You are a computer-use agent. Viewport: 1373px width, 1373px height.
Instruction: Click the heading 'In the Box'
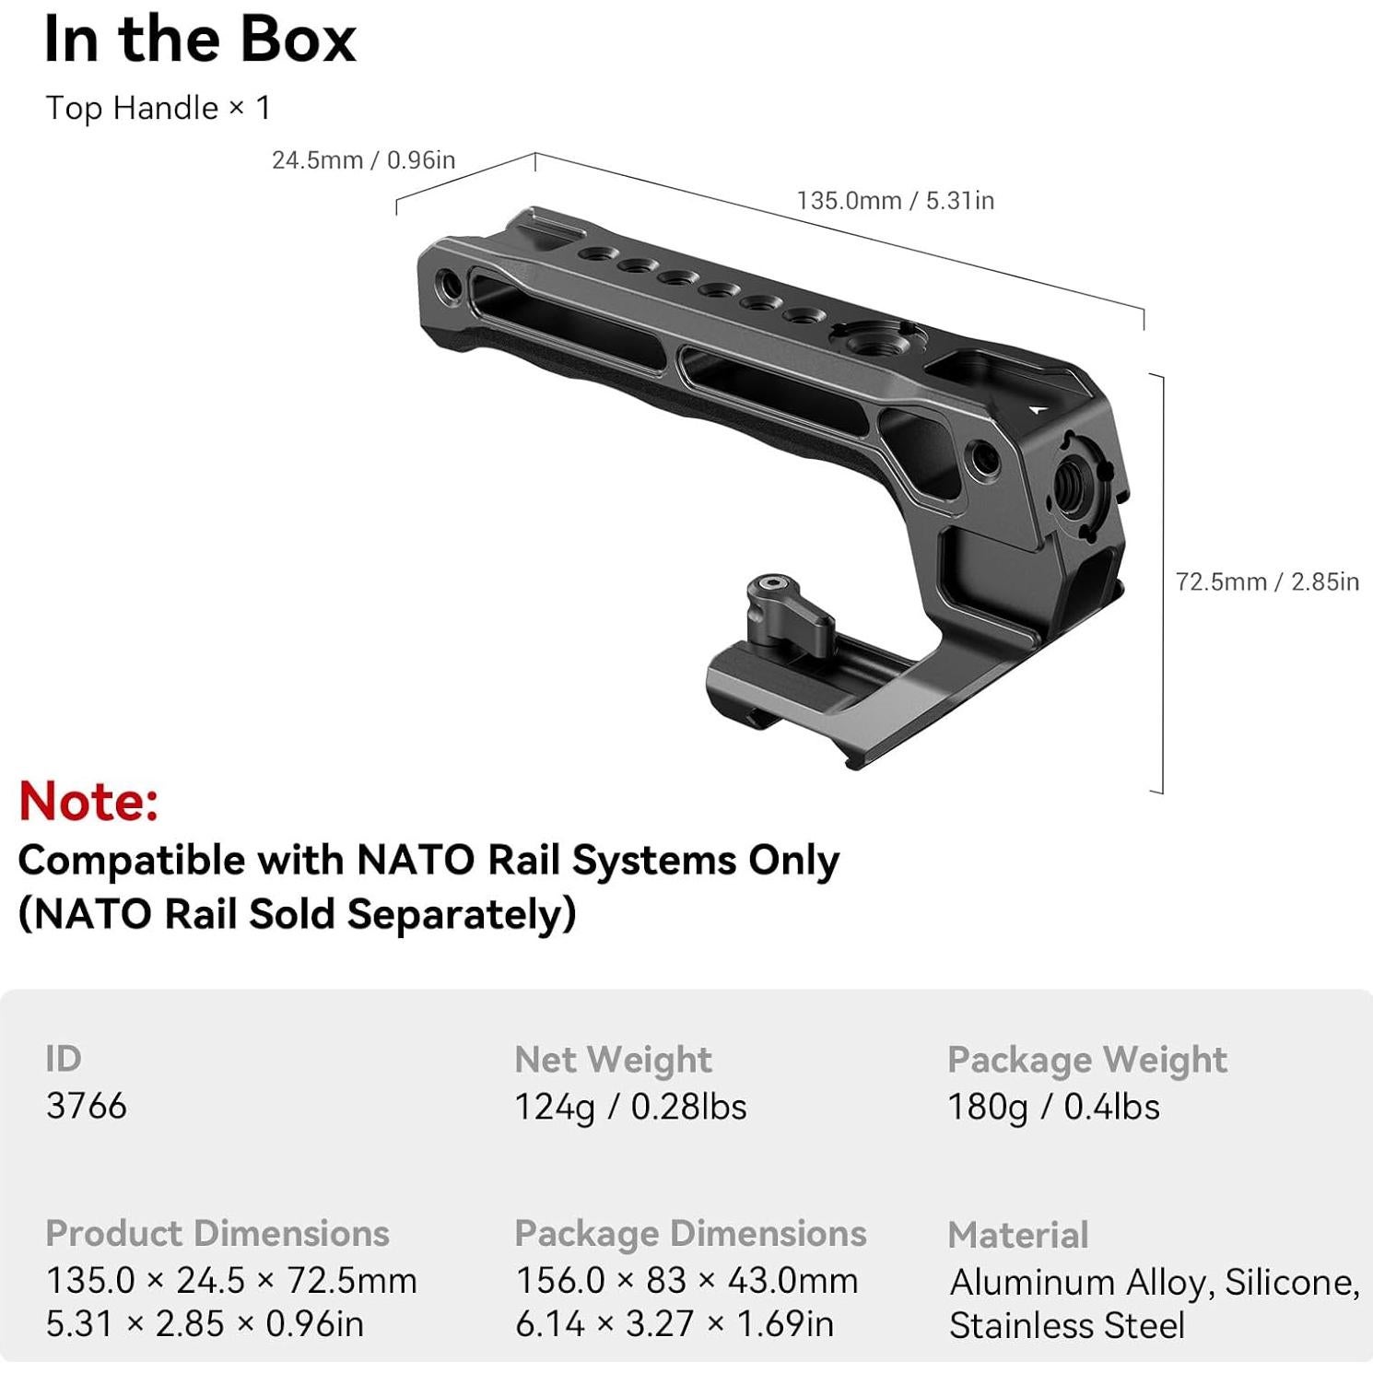click(200, 41)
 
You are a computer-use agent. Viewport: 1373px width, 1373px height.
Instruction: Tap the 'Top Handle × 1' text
click(158, 108)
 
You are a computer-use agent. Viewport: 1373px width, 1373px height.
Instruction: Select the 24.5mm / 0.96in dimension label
click(363, 160)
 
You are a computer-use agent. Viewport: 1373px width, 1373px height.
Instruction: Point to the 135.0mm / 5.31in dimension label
click(895, 200)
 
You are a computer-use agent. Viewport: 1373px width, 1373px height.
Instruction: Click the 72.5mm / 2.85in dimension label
click(1267, 581)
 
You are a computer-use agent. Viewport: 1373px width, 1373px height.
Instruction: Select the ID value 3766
click(86, 1106)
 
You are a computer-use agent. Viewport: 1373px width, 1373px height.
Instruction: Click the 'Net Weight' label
click(613, 1060)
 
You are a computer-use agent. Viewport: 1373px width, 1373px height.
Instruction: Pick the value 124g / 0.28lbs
click(630, 1107)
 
